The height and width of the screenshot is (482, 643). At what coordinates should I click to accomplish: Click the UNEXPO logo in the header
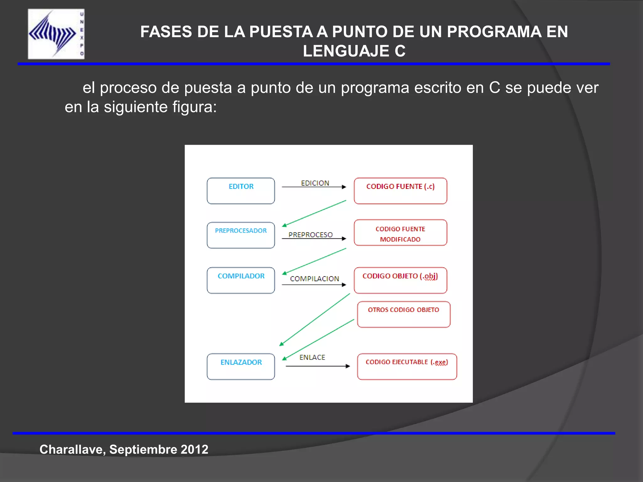[56, 34]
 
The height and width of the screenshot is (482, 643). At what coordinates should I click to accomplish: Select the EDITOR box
[241, 191]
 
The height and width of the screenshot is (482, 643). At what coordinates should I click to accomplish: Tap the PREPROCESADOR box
[241, 235]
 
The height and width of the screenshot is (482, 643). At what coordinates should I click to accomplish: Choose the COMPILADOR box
[241, 280]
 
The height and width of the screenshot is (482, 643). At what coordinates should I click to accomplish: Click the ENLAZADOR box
[241, 367]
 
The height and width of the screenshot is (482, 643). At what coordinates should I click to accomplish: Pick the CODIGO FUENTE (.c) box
[400, 191]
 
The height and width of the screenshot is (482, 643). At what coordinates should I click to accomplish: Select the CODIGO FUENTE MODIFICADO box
[400, 233]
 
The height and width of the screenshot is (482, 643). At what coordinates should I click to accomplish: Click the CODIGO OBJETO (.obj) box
[400, 280]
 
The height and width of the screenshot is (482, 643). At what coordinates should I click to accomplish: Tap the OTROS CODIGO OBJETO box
[403, 314]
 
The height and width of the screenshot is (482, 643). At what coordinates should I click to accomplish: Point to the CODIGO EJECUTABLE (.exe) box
[407, 367]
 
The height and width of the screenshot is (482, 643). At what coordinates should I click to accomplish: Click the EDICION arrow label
[315, 183]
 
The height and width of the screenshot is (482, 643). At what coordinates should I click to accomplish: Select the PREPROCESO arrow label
[311, 235]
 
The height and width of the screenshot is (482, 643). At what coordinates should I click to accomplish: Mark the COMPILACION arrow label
[315, 279]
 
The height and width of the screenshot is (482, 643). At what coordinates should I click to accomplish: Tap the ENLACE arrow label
[312, 357]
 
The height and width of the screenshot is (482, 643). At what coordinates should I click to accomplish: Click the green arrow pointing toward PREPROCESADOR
[314, 213]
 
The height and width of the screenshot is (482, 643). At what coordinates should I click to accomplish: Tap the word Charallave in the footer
[72, 449]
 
